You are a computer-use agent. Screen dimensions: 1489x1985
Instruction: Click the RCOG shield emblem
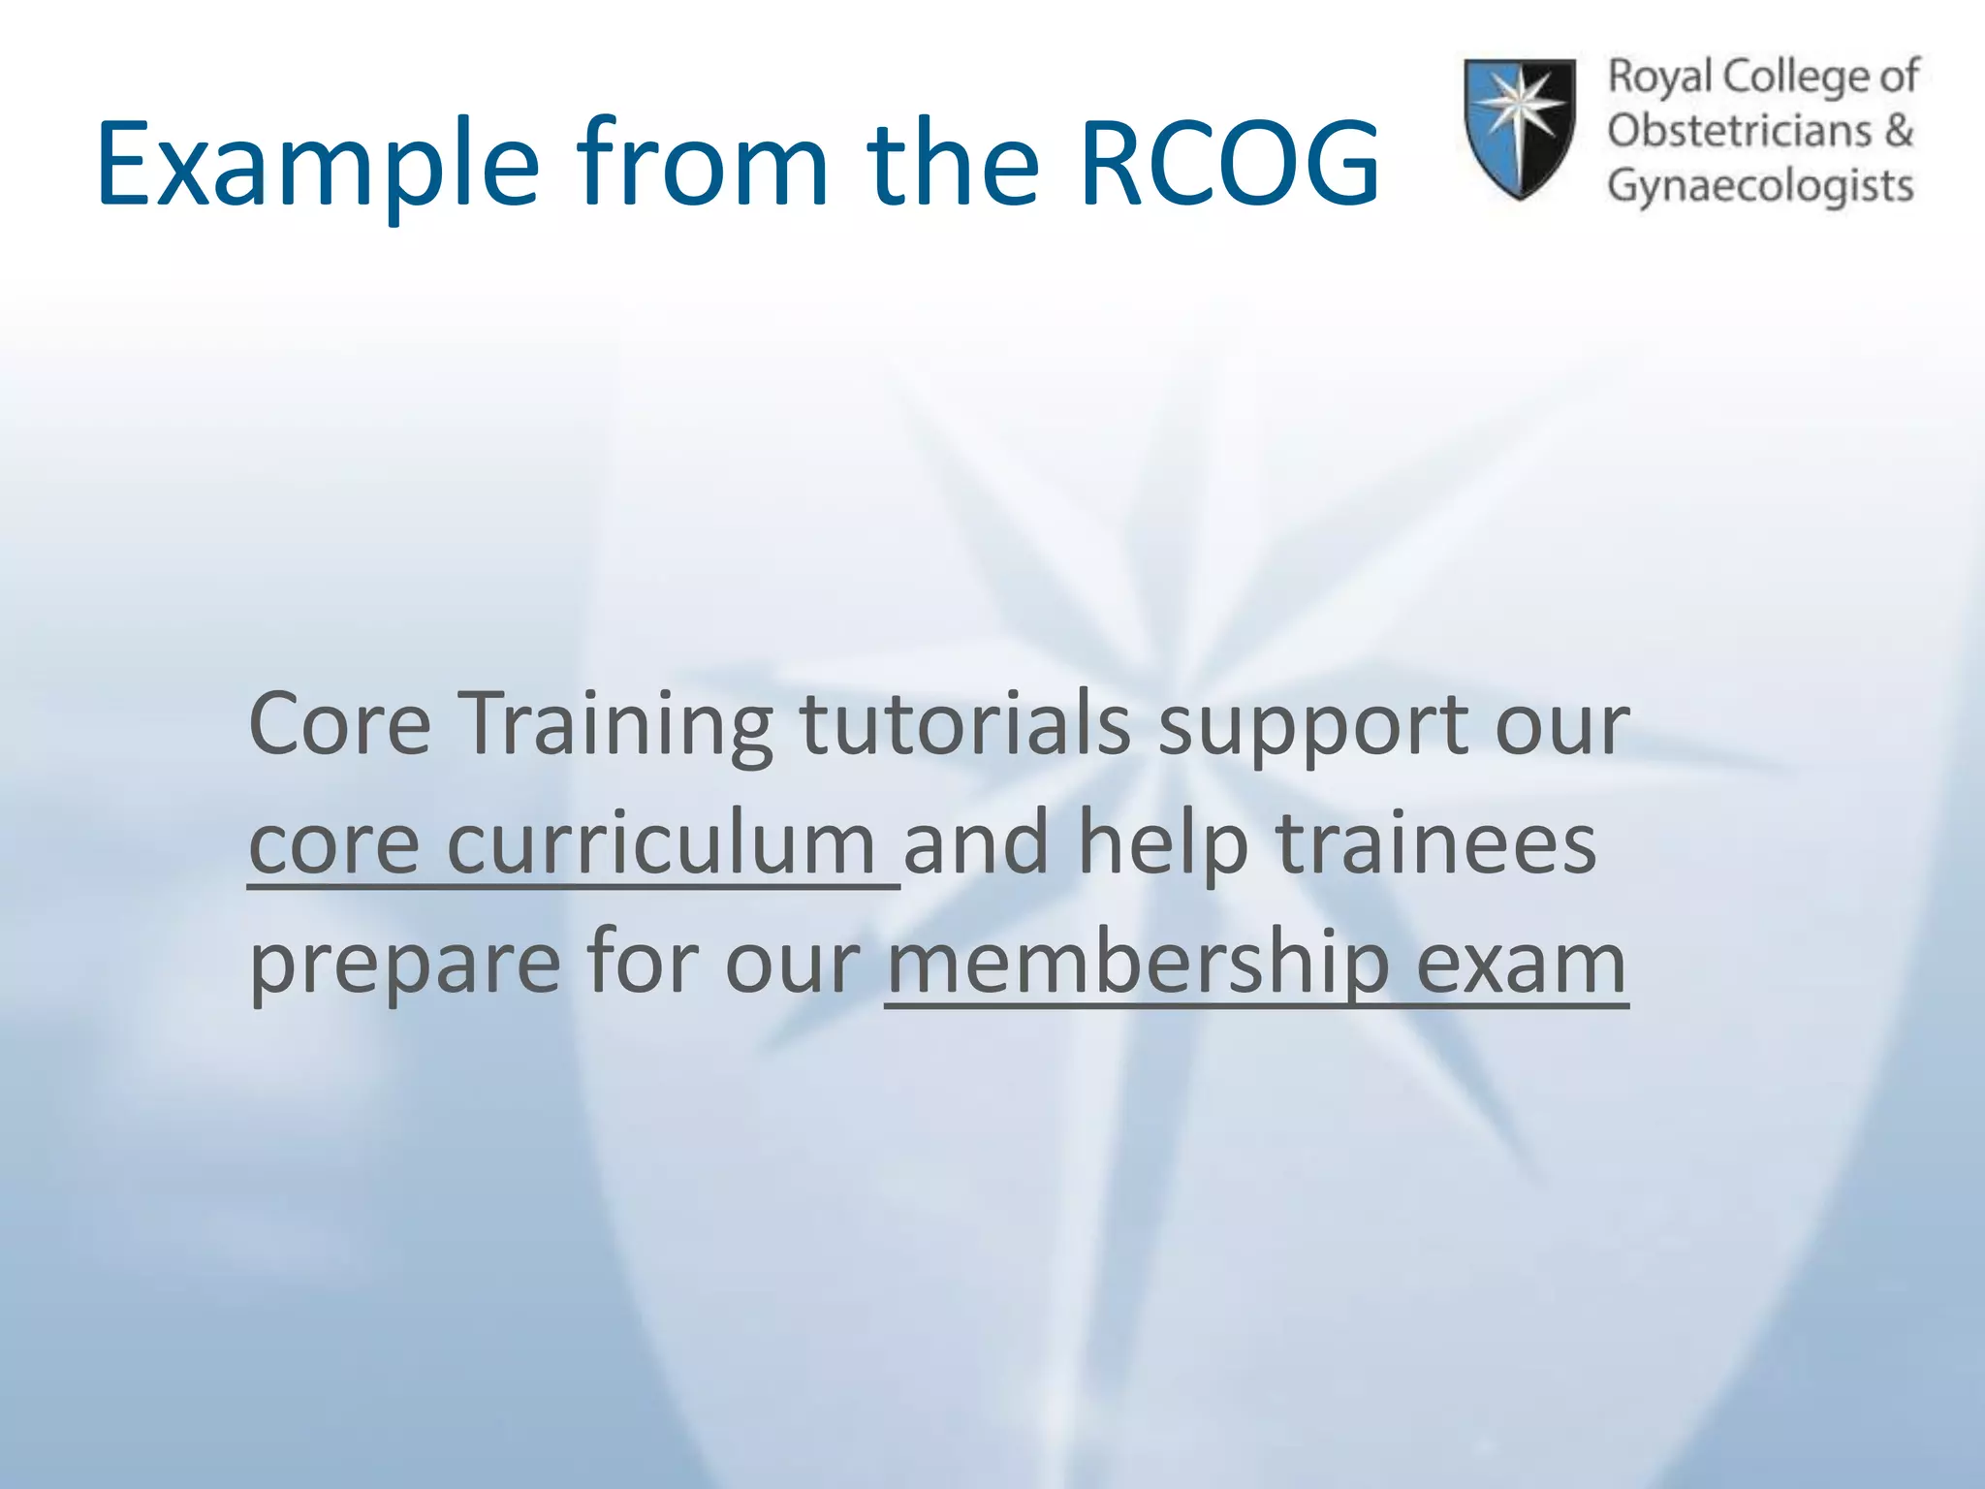[1519, 128]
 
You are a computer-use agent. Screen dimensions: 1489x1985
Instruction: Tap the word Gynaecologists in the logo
[1760, 186]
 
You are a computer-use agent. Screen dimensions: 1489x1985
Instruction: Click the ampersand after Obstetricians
[1899, 131]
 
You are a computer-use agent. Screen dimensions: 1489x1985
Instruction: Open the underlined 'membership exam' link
[1256, 964]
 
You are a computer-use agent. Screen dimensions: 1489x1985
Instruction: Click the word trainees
[1435, 843]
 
